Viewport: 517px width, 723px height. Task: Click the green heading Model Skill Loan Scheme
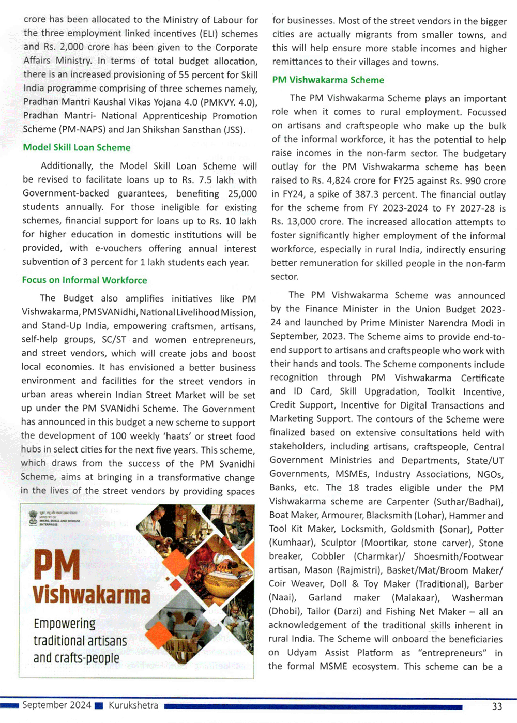(x=77, y=147)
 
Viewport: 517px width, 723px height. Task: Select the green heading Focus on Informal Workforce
(x=84, y=280)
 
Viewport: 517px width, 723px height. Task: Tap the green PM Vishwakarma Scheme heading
(x=328, y=80)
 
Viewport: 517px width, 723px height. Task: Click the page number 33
(x=497, y=706)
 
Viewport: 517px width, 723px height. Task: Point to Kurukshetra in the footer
(x=133, y=705)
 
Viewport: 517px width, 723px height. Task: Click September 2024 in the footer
(x=56, y=705)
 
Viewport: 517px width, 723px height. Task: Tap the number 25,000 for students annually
(x=242, y=194)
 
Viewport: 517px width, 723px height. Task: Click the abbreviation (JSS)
(x=234, y=129)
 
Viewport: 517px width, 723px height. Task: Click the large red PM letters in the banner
(x=57, y=566)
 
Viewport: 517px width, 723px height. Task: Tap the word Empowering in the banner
(x=65, y=624)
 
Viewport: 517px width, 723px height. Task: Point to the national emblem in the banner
(x=33, y=517)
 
